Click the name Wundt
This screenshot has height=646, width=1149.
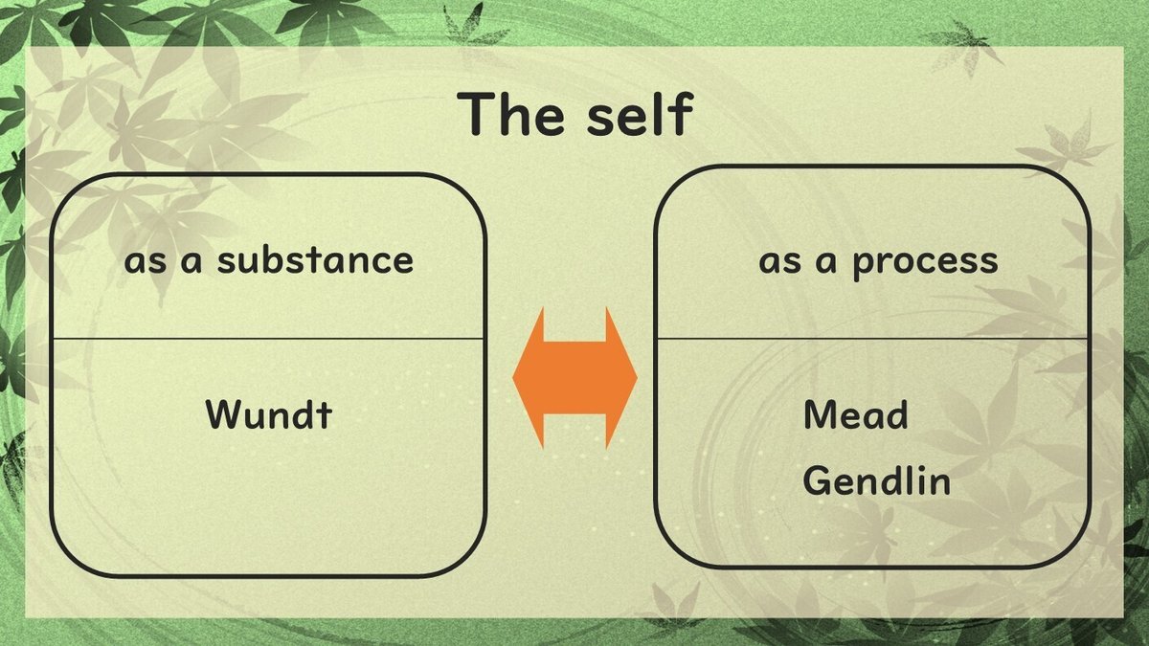click(x=268, y=414)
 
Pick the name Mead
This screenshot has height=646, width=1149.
click(x=855, y=414)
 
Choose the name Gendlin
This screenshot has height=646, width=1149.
click(x=876, y=479)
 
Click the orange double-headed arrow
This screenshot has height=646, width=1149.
click(x=574, y=378)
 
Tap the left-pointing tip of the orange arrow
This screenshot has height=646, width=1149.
click(x=518, y=378)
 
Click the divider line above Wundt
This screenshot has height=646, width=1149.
click(x=268, y=338)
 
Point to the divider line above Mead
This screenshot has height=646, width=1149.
click(x=871, y=338)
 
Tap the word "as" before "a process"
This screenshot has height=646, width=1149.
click(x=778, y=261)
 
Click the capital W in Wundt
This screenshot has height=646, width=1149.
click(x=221, y=414)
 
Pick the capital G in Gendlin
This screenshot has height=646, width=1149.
click(x=816, y=479)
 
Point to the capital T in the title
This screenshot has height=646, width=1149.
click(x=476, y=115)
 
